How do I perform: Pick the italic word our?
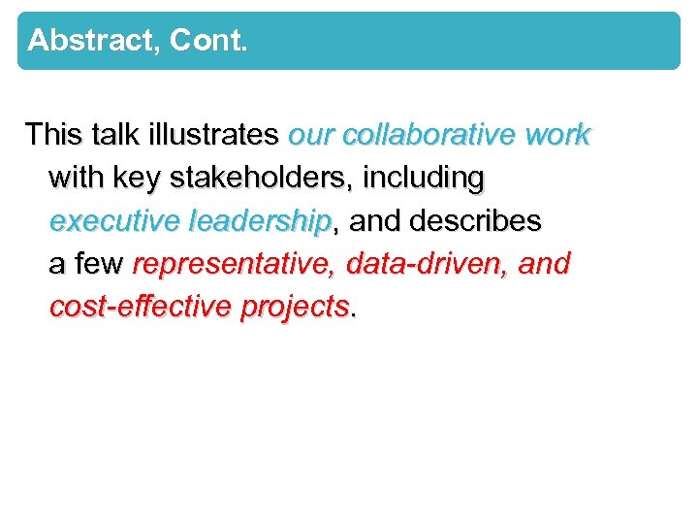[311, 135]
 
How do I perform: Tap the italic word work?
[557, 134]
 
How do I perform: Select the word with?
[76, 178]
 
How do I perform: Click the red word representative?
[234, 264]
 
